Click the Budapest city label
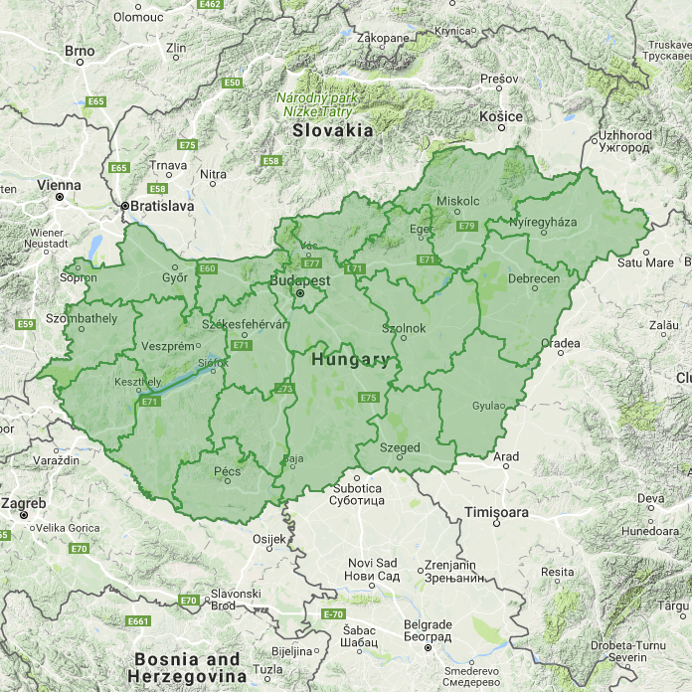tap(299, 281)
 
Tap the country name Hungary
tap(350, 360)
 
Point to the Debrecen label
tap(534, 279)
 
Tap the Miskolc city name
tap(458, 201)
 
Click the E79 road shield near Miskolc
tap(467, 227)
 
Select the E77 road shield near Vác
tap(312, 262)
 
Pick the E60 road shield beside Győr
tap(207, 268)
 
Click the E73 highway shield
tap(285, 389)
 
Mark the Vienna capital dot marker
tap(60, 197)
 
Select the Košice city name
tap(500, 117)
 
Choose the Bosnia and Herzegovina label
tap(187, 666)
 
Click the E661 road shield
tap(138, 621)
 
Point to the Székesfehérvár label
tap(244, 325)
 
